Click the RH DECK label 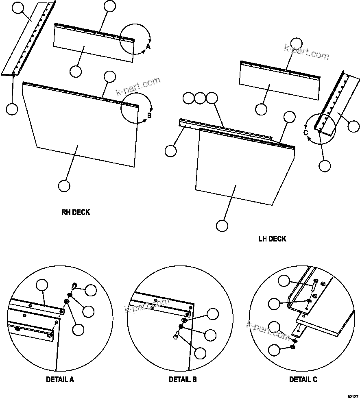[x=75, y=212]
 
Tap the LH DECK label [x=272, y=239]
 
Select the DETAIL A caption [x=60, y=380]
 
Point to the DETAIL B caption [x=183, y=380]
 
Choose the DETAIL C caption [x=303, y=380]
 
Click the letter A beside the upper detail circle [x=148, y=47]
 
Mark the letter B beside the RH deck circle [x=149, y=115]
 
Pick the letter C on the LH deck [x=305, y=132]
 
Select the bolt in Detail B [x=177, y=335]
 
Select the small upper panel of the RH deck [x=94, y=45]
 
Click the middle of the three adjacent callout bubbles [x=200, y=98]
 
